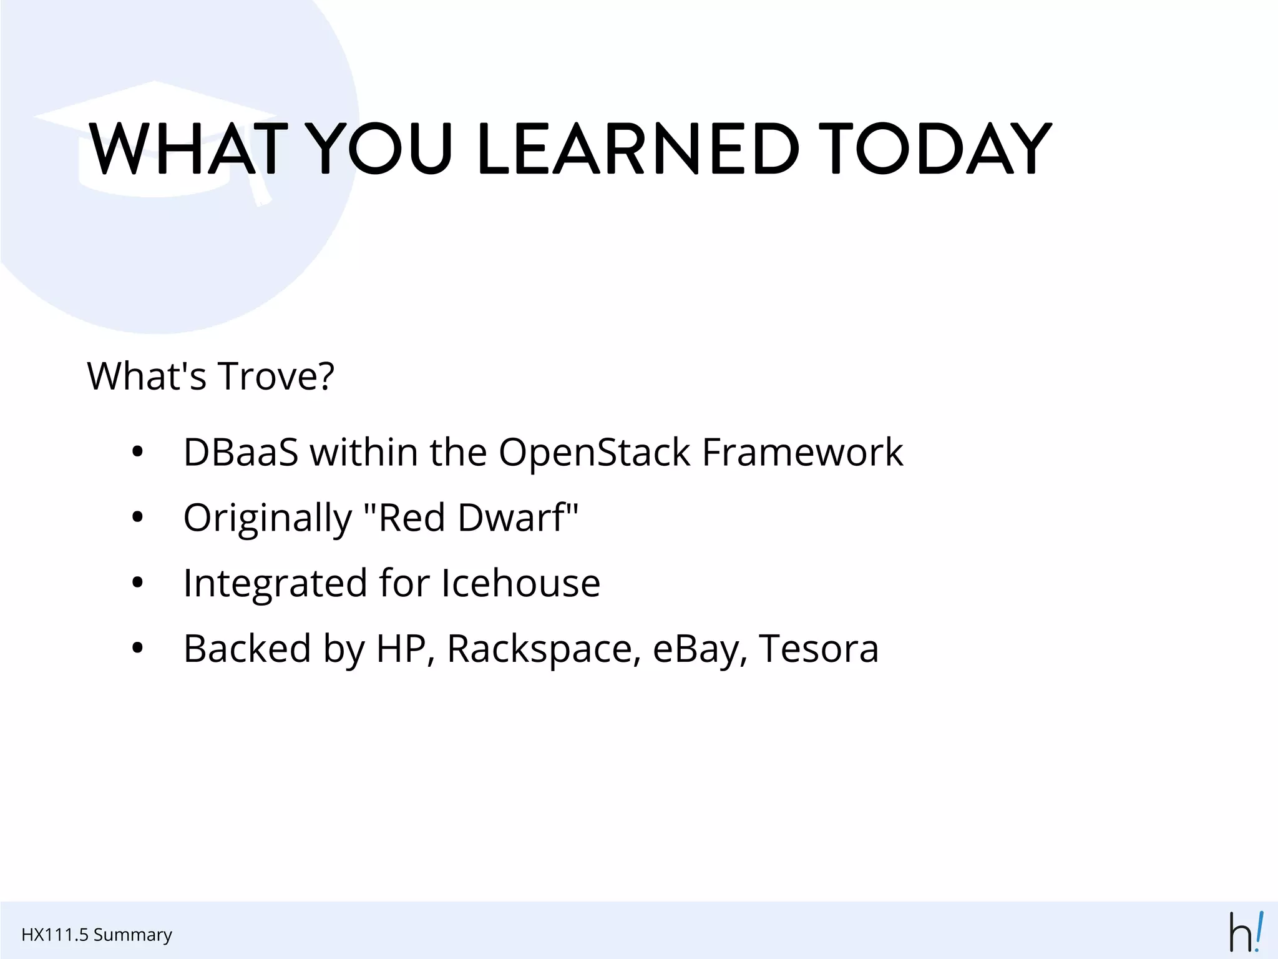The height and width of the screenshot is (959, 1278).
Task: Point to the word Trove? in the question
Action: pyautogui.click(x=276, y=376)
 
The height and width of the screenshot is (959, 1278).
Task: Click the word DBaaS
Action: pyautogui.click(x=241, y=452)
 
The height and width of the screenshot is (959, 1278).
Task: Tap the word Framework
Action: pyautogui.click(x=802, y=452)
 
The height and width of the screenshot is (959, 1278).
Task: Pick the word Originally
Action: pyautogui.click(x=268, y=518)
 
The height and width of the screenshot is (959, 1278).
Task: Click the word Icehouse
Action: pyautogui.click(x=520, y=583)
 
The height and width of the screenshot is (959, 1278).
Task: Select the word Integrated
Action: pyautogui.click(x=275, y=583)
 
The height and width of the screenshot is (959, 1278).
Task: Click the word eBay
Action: pyautogui.click(x=700, y=649)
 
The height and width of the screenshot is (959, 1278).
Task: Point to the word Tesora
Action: pyautogui.click(x=818, y=649)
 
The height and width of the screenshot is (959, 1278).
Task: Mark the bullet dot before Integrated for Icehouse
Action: pyautogui.click(x=138, y=583)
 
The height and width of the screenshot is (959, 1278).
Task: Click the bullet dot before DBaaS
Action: pyautogui.click(x=138, y=452)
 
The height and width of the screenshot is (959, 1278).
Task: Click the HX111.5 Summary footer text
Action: pyautogui.click(x=97, y=935)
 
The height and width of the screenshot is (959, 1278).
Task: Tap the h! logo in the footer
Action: pyautogui.click(x=1246, y=932)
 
